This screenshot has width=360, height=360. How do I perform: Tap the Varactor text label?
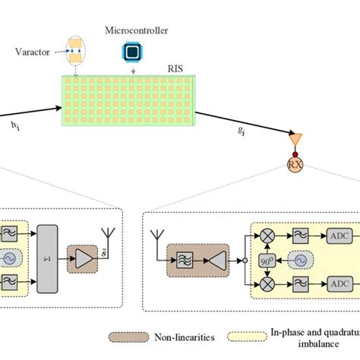click(x=32, y=53)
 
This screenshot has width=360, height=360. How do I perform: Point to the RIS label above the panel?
click(x=175, y=66)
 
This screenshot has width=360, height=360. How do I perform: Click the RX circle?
click(x=294, y=164)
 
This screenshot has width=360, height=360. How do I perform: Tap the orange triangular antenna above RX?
click(x=292, y=143)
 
